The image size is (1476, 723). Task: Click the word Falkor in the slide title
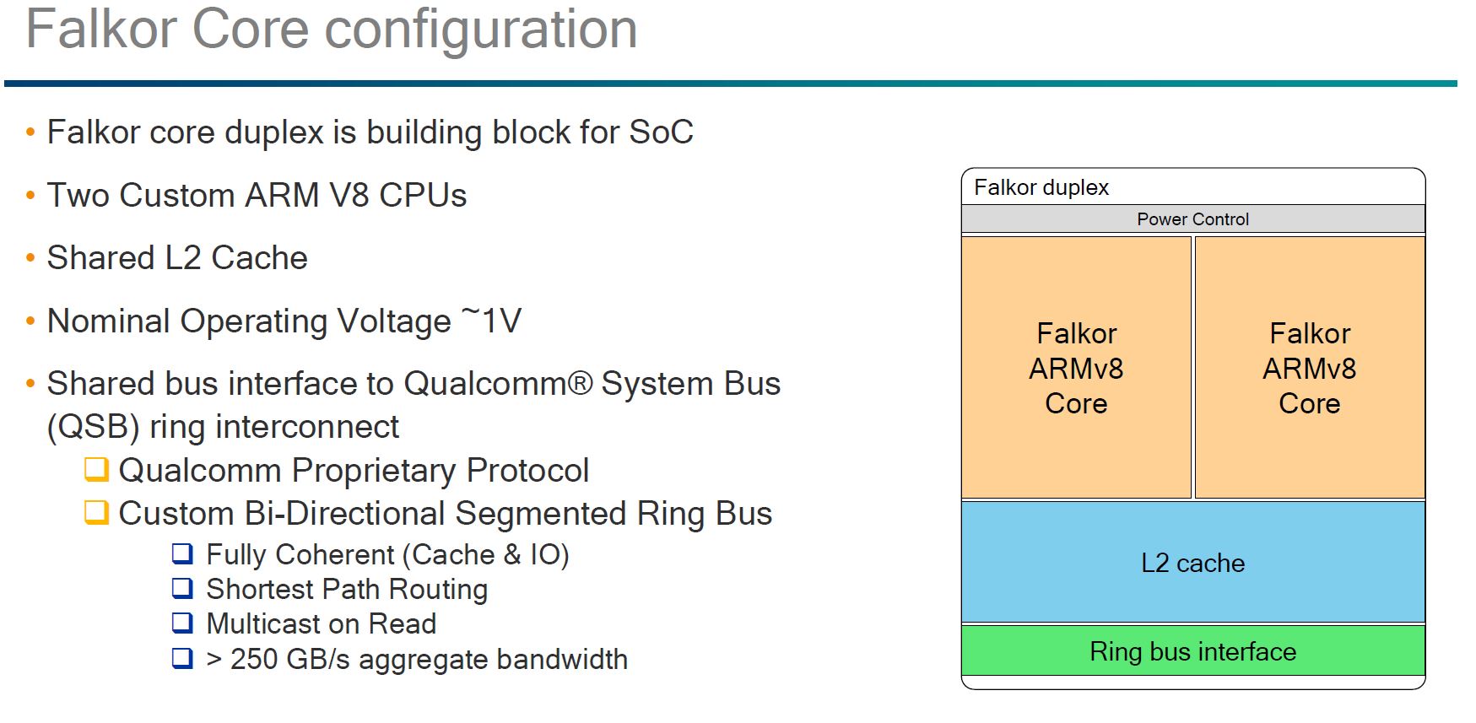(101, 30)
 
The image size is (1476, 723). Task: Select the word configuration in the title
(480, 30)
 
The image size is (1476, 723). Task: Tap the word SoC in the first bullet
(661, 132)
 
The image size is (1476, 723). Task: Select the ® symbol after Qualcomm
(580, 384)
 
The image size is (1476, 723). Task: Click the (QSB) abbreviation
(93, 427)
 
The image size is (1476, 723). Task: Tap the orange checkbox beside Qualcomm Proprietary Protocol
(97, 469)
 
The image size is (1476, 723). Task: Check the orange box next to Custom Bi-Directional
(97, 512)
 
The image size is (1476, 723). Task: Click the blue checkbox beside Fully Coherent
(182, 553)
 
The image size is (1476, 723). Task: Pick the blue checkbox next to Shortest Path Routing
(182, 588)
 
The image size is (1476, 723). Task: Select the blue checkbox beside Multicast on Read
(182, 623)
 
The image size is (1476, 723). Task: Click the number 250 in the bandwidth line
(254, 659)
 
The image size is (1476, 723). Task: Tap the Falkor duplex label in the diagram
(1041, 187)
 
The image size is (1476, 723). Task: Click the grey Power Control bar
(1192, 219)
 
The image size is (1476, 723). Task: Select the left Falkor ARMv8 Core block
(1076, 368)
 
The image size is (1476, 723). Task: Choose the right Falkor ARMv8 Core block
(1309, 368)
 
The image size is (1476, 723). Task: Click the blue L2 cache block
(1192, 563)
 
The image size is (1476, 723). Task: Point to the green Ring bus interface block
(1192, 651)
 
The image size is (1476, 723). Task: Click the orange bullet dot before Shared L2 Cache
(30, 258)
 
